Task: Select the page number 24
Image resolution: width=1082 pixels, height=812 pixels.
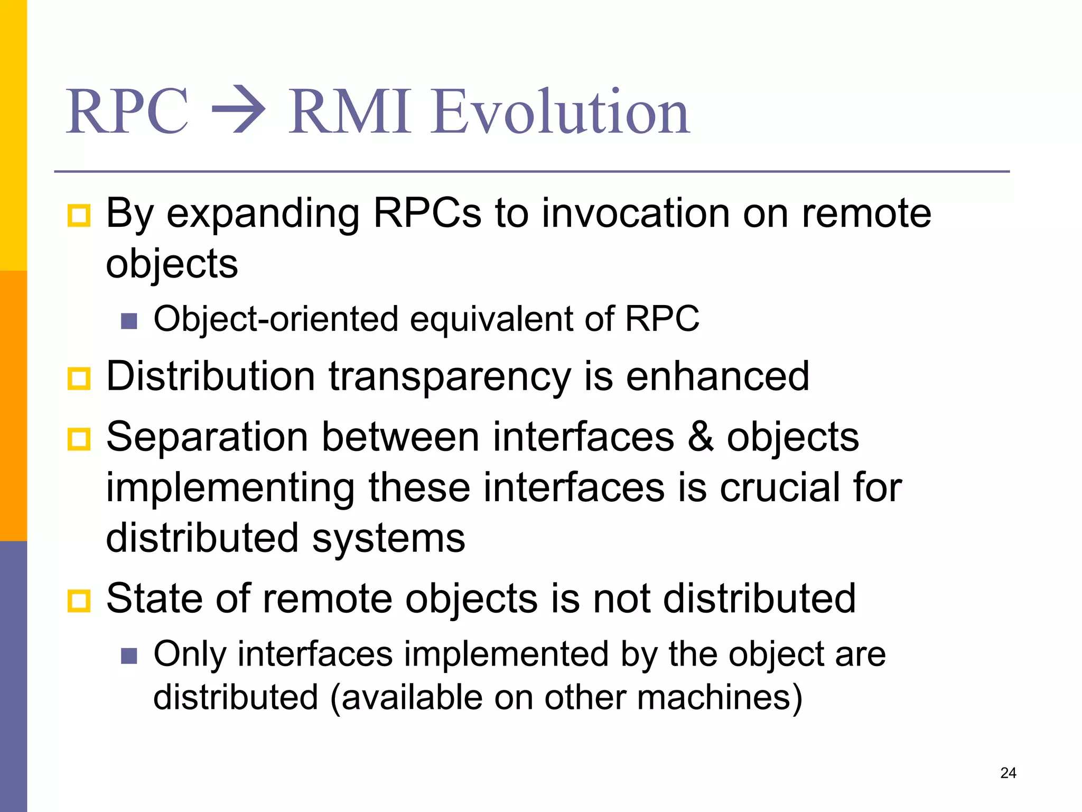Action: (1008, 773)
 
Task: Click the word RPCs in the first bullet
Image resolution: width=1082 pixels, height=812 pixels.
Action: (427, 213)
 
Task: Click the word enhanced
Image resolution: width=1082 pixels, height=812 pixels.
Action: (717, 376)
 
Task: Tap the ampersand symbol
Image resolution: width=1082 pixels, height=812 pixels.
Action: (701, 437)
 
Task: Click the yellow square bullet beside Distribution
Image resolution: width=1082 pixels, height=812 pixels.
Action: (79, 379)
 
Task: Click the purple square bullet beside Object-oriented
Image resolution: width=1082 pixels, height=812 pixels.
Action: (129, 321)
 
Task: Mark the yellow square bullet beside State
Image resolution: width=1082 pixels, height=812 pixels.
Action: (79, 601)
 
